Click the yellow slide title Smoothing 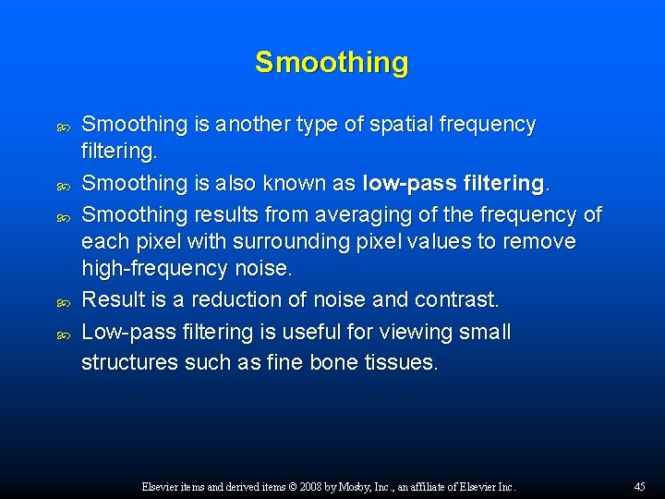tap(332, 63)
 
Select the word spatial tap(413, 125)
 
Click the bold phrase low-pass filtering tap(454, 184)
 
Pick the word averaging tap(316, 215)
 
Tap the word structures tap(129, 362)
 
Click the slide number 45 tap(639, 486)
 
